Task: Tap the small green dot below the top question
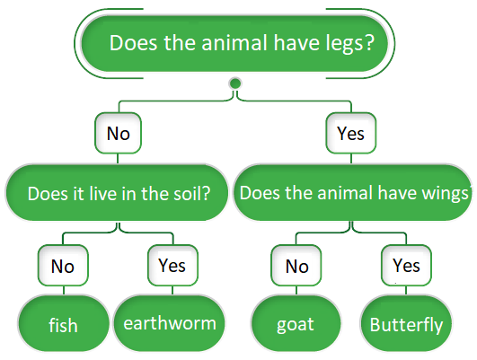[235, 84]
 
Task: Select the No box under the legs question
[119, 134]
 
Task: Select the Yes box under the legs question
[350, 134]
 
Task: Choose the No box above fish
[62, 266]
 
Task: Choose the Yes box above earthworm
[172, 266]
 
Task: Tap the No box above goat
[296, 266]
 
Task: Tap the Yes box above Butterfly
[406, 266]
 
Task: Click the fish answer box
[62, 323]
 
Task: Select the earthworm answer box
[170, 322]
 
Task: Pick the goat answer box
[296, 323]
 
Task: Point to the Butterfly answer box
[406, 323]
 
